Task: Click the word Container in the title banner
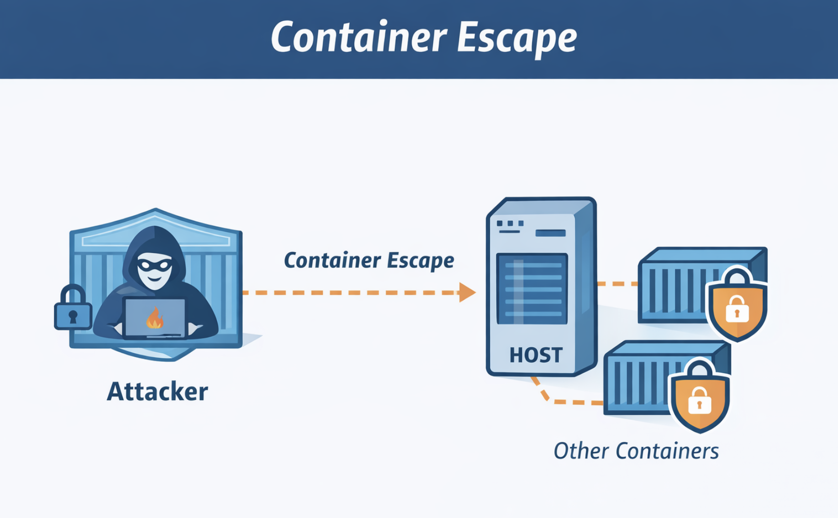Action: click(x=358, y=38)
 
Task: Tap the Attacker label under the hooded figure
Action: click(x=157, y=392)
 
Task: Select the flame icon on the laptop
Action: click(x=154, y=319)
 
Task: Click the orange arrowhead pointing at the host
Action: click(x=467, y=292)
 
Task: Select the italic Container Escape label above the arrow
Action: click(x=369, y=261)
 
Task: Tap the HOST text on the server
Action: click(x=536, y=355)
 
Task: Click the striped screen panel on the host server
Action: click(x=532, y=289)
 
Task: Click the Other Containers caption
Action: click(x=636, y=451)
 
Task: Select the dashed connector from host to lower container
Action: click(x=561, y=401)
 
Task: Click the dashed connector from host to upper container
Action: click(x=617, y=284)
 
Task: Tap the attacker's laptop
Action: click(x=154, y=321)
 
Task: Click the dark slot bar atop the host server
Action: click(x=550, y=233)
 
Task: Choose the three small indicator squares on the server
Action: click(x=510, y=223)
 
